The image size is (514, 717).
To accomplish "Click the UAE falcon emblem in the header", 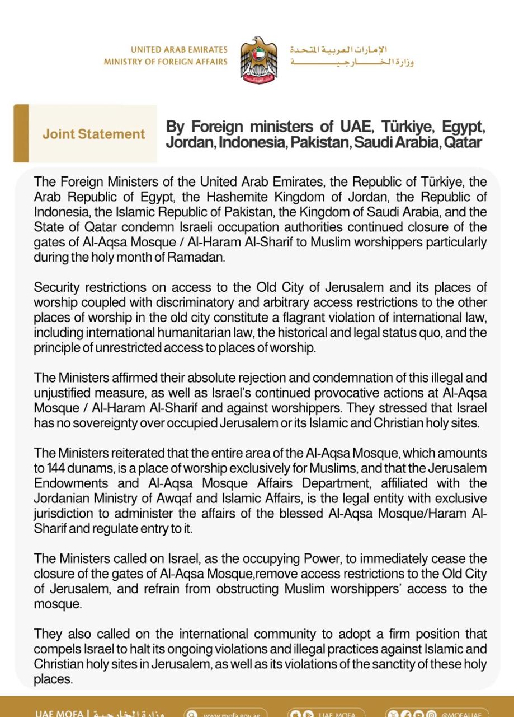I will (258, 59).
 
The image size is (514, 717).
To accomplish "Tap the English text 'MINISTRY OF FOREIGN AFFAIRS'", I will (166, 62).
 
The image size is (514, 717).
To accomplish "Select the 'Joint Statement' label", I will (93, 134).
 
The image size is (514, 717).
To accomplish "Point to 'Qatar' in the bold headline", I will (462, 142).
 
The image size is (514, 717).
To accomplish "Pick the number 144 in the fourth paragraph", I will (57, 468).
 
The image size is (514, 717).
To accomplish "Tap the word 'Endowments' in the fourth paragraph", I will (65, 483).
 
